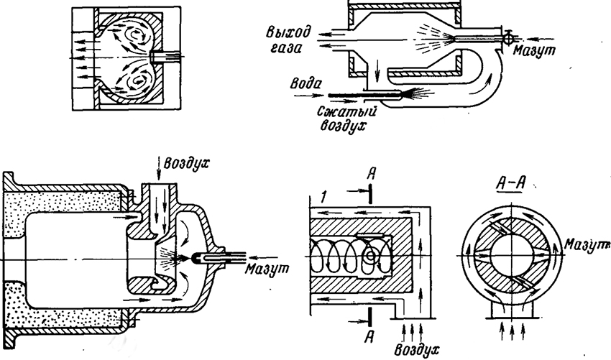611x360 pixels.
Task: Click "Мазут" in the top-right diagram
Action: (x=531, y=50)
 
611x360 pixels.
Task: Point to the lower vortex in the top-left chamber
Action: (x=133, y=86)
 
